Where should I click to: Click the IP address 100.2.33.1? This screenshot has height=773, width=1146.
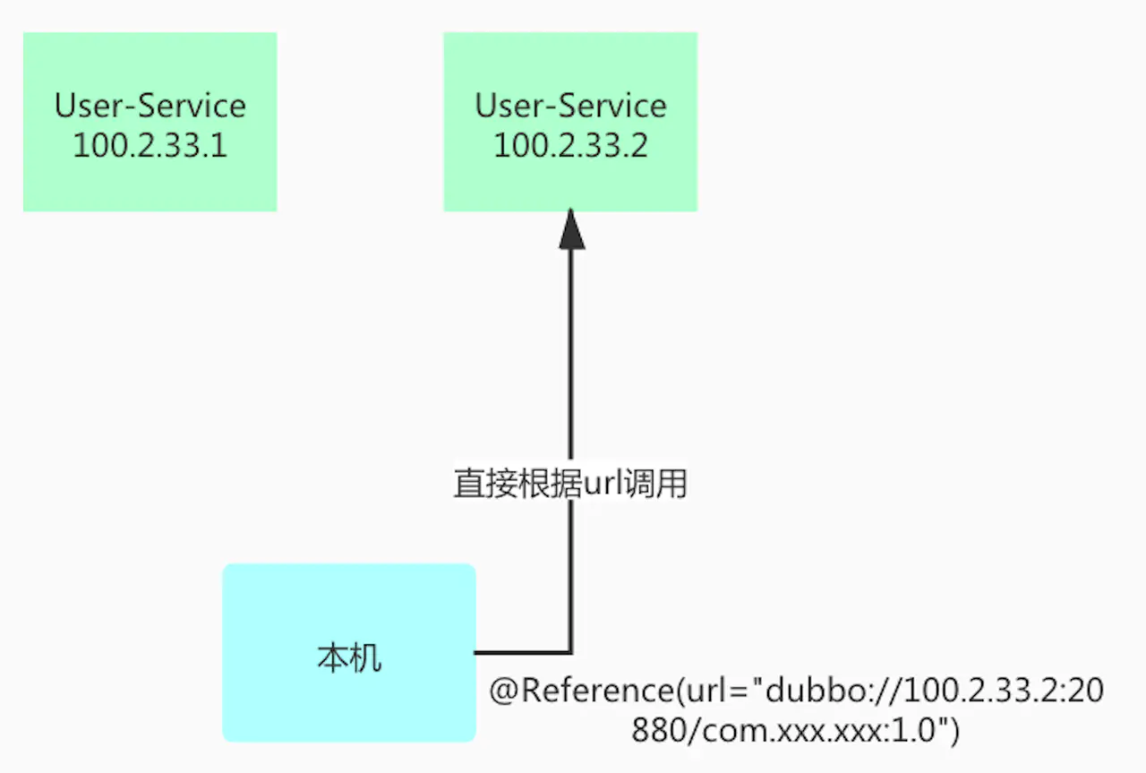[150, 144]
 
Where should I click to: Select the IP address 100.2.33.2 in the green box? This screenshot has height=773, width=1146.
[570, 144]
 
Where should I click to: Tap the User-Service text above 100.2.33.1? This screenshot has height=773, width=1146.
[150, 106]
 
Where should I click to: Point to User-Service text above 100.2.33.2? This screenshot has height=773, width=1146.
[570, 106]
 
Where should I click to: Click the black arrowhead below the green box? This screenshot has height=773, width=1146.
[571, 230]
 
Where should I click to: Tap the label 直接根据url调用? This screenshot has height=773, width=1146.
[570, 485]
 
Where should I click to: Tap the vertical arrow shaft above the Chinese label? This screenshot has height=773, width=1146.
[571, 358]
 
